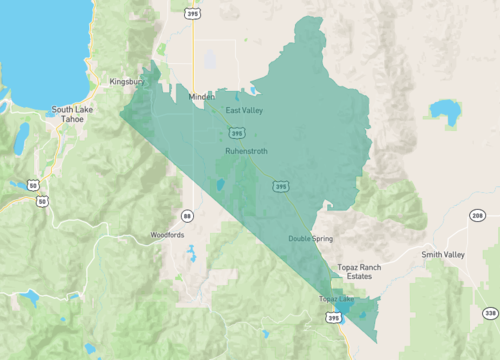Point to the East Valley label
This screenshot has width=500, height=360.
pos(244,110)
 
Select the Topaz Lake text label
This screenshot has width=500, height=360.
pos(336,299)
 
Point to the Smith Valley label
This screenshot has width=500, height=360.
pos(443,255)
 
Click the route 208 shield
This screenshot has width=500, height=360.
pos(477,216)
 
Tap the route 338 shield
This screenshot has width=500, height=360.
pos(489,313)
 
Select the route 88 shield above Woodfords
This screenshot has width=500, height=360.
pos(187,215)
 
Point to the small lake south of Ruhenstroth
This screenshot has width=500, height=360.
pos(220,185)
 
